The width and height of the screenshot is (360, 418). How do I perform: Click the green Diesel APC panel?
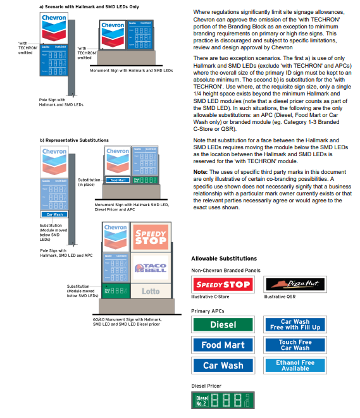coord(223,324)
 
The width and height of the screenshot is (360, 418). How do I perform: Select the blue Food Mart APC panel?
coord(223,345)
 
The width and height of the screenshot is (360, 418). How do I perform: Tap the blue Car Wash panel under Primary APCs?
coord(223,366)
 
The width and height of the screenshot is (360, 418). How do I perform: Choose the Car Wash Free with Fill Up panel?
coord(295,324)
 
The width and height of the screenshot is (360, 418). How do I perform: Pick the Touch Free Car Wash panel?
coord(295,345)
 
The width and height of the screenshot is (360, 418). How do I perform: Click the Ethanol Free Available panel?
coord(295,366)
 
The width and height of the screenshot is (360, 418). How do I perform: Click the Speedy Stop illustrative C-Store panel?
coord(223,284)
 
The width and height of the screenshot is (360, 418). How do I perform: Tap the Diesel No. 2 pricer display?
coord(223,400)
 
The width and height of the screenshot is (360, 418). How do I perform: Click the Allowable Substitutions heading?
coord(224,259)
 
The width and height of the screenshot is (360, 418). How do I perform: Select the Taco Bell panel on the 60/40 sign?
coord(151,267)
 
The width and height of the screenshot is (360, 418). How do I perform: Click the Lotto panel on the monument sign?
coord(151,291)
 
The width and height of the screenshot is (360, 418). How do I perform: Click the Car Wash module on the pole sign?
coord(54,214)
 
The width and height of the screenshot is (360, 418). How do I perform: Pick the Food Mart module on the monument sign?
coord(117,180)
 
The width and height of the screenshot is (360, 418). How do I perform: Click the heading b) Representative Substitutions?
coord(75,140)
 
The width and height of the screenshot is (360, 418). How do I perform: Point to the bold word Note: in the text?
coord(200,172)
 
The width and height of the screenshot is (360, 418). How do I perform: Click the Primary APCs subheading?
coord(208,311)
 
